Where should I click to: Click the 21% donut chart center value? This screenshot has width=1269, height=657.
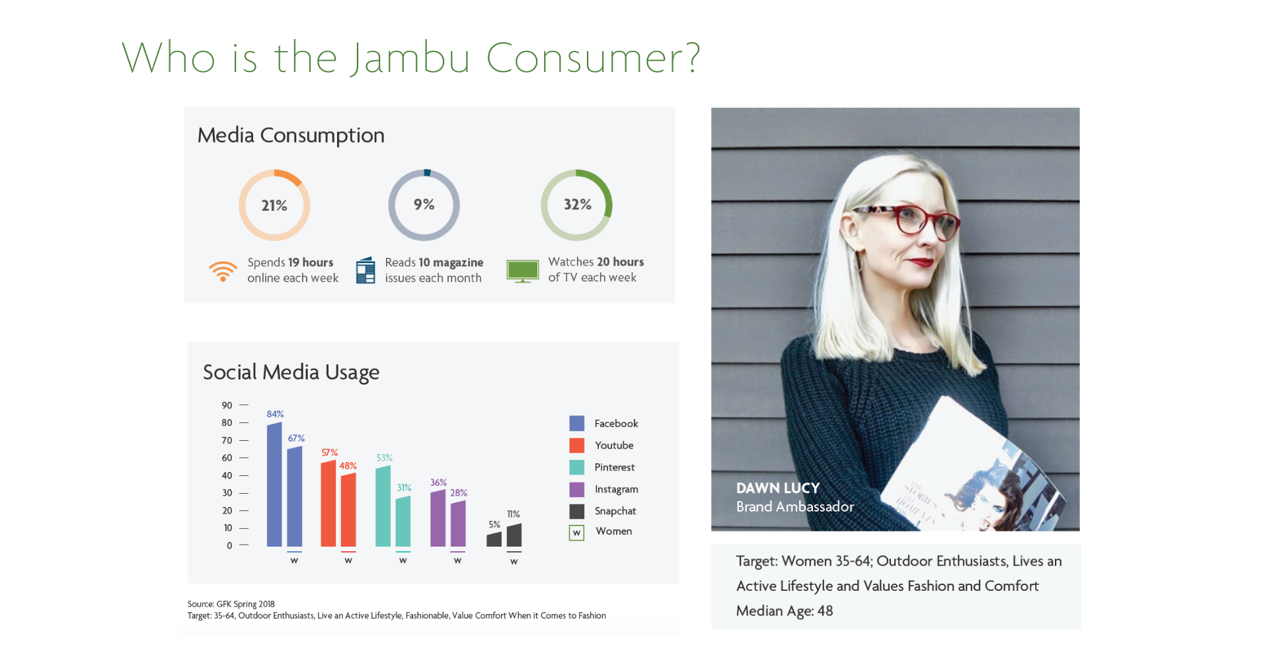[x=274, y=206]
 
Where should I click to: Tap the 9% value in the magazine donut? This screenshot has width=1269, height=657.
[x=424, y=205]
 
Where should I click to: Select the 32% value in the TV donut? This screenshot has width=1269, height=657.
[x=577, y=205]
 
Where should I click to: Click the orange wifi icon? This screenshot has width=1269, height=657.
[x=223, y=271]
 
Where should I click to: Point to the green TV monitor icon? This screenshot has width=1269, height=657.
[x=522, y=271]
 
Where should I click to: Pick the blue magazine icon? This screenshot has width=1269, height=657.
[x=365, y=271]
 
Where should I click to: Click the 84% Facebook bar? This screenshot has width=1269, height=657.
[x=274, y=484]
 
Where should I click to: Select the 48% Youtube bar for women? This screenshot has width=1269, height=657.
[x=348, y=510]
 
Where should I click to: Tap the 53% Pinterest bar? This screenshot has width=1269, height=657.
[x=383, y=506]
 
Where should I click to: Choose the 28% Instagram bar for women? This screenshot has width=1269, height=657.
[x=458, y=523]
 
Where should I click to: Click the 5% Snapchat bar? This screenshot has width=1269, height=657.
[x=494, y=539]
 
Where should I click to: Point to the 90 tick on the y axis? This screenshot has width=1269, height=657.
[x=227, y=405]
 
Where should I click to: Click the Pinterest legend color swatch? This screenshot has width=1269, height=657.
[x=576, y=467]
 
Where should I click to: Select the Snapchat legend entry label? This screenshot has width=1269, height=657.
[x=615, y=511]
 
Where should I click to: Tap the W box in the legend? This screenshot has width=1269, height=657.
[x=576, y=533]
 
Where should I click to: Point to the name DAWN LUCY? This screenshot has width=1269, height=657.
[x=778, y=488]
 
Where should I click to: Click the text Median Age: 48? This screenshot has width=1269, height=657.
[x=785, y=611]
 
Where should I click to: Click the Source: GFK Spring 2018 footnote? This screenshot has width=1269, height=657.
[x=231, y=604]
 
